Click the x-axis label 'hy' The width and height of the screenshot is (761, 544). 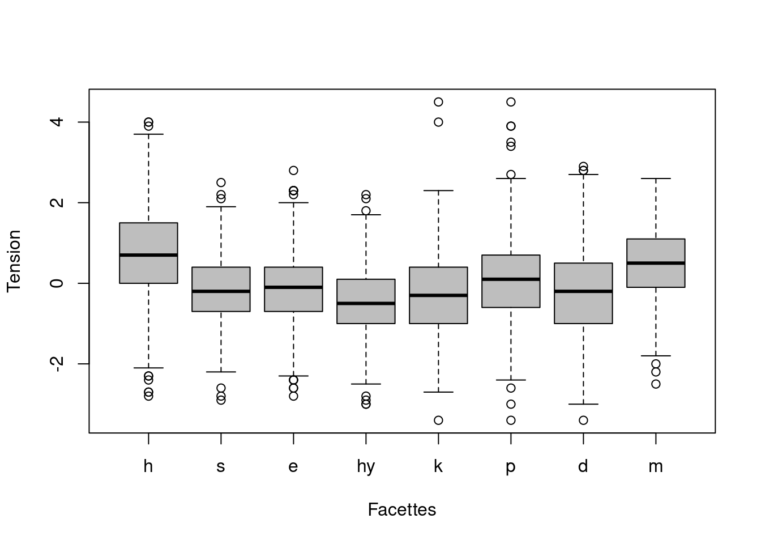tap(366, 467)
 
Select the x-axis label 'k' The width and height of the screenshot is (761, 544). tap(438, 466)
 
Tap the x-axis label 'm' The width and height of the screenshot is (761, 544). tap(656, 466)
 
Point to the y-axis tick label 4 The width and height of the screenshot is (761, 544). tap(57, 122)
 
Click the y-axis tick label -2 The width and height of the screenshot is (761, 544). tap(57, 364)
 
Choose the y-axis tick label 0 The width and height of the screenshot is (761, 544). tap(57, 283)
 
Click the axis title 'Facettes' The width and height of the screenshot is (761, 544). tap(401, 509)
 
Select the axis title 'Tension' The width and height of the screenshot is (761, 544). tap(14, 261)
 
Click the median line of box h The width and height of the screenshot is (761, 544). tap(148, 255)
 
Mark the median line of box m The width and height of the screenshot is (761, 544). tap(656, 263)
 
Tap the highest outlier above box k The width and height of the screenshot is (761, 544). tap(438, 102)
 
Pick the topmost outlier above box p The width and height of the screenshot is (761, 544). tap(511, 102)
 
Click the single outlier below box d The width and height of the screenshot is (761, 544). tap(583, 420)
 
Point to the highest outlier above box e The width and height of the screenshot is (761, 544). tap(293, 171)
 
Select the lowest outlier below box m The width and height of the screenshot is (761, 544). tap(656, 384)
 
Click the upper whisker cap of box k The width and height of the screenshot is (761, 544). tap(438, 190)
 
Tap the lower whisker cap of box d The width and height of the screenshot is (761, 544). tap(583, 404)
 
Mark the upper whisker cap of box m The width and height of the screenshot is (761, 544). tap(656, 178)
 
